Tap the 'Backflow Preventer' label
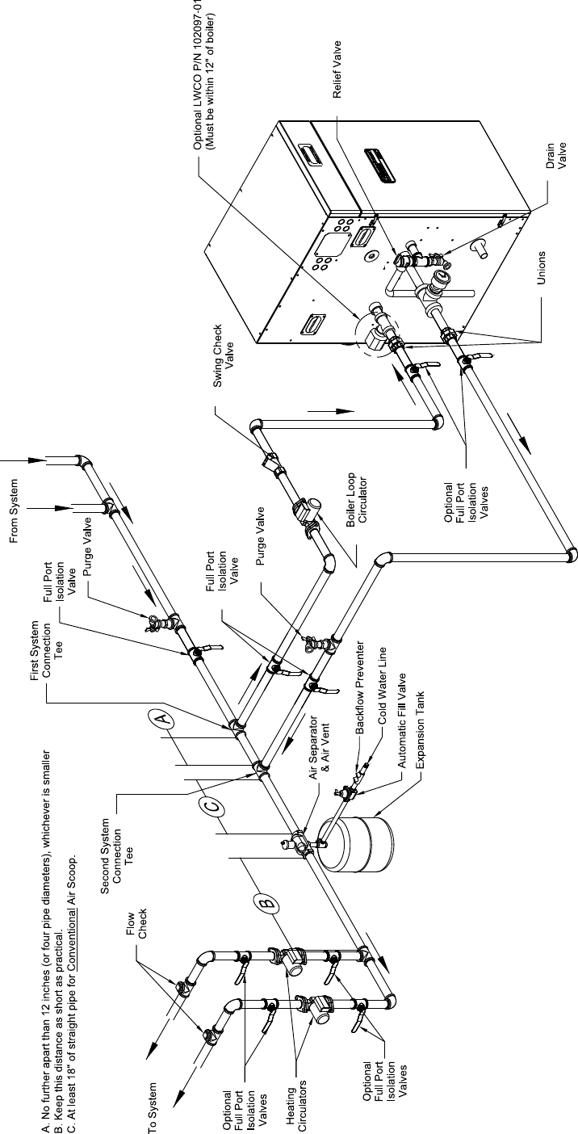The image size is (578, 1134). (362, 678)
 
